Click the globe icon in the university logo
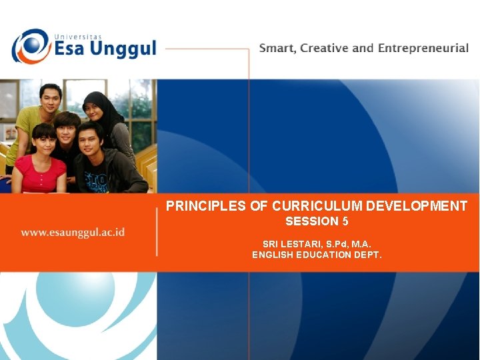(29, 46)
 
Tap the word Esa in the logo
(75, 49)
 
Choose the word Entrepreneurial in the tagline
(423, 48)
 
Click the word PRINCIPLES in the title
(206, 207)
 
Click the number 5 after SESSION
(345, 221)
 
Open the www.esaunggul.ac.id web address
(73, 232)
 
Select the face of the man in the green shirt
(49, 99)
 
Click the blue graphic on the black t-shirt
(97, 180)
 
